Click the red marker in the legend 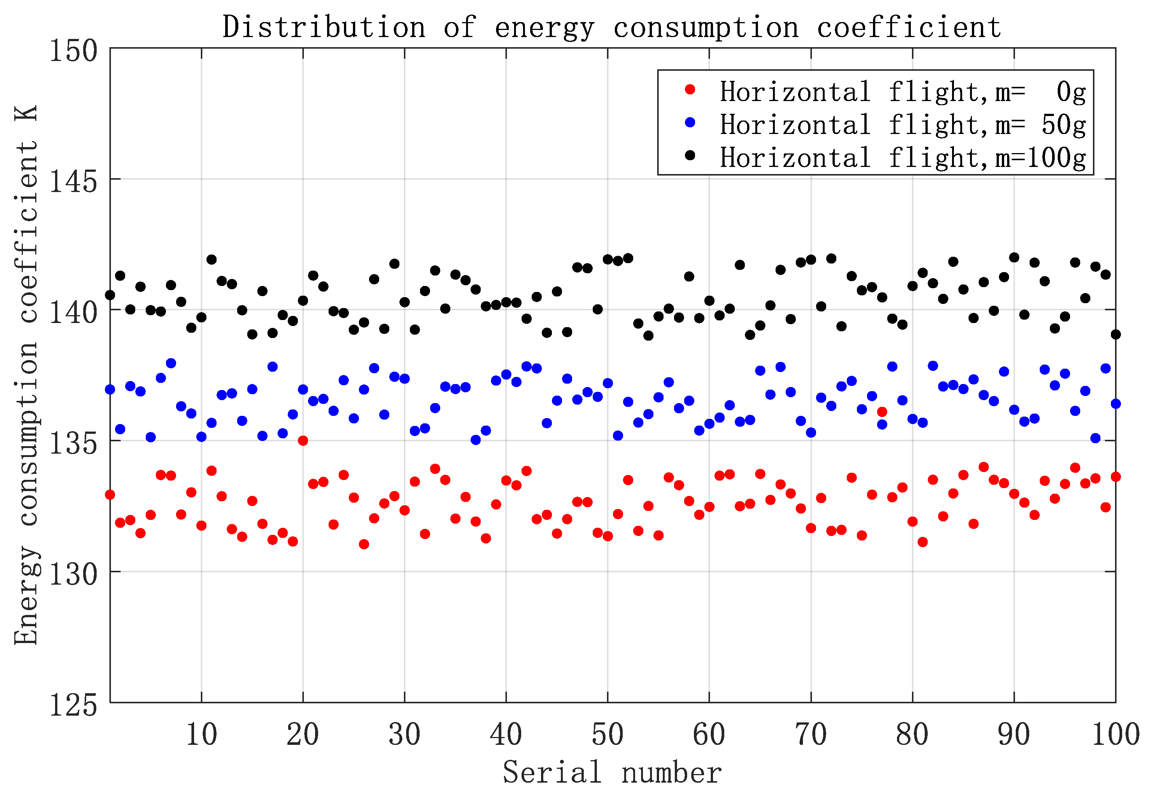[x=690, y=89]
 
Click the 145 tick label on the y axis [x=73, y=182]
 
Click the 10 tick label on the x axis [x=201, y=734]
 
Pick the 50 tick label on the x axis [x=607, y=734]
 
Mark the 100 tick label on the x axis [x=1115, y=734]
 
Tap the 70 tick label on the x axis [x=811, y=734]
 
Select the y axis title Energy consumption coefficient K [x=26, y=375]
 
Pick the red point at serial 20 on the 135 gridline [x=303, y=441]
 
